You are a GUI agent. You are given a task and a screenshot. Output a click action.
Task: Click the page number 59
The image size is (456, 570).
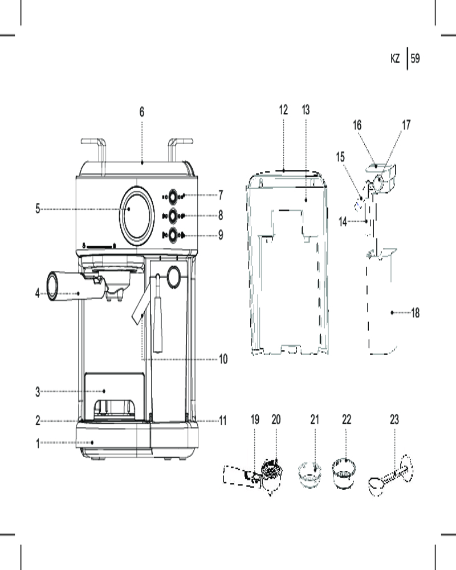[415, 58]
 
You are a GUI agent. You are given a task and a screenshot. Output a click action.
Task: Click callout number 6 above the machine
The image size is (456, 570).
[142, 112]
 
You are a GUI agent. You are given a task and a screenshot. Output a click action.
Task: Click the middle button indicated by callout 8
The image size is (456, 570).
[173, 215]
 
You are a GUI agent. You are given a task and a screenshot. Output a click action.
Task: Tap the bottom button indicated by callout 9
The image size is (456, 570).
[173, 234]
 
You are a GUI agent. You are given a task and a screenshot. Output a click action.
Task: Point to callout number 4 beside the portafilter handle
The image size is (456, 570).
[38, 294]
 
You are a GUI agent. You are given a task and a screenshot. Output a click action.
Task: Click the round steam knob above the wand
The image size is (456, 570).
[173, 276]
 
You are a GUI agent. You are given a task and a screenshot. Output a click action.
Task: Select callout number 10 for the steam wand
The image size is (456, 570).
[223, 359]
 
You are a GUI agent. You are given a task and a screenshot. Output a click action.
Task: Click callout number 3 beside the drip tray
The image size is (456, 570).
[38, 392]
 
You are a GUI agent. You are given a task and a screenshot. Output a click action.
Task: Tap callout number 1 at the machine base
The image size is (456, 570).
[38, 442]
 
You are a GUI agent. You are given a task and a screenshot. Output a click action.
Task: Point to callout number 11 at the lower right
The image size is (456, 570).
[223, 421]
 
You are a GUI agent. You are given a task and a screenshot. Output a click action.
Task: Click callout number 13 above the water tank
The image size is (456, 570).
[306, 110]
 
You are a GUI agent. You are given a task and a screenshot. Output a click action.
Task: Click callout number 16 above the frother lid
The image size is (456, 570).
[357, 125]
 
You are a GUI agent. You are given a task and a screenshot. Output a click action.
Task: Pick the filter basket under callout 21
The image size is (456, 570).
[310, 473]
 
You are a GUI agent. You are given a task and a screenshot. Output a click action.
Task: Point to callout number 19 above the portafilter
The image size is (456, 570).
[255, 420]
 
